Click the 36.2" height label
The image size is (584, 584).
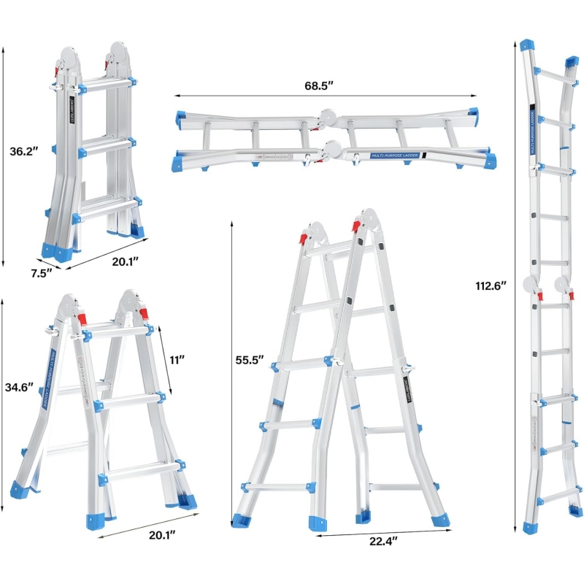coord(26,153)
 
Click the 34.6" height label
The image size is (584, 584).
coord(19,388)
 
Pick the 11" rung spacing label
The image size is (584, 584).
coord(177,359)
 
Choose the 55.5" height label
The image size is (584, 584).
coord(250,359)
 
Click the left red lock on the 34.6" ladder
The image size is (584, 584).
coord(81,319)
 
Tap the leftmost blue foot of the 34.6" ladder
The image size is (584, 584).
coord(21,488)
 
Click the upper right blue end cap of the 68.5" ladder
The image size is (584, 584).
coord(473,115)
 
